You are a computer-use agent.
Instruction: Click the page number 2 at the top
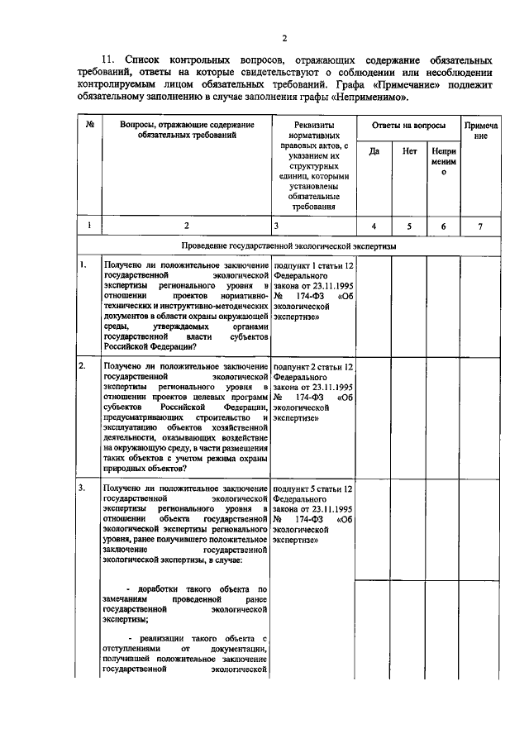pos(284,39)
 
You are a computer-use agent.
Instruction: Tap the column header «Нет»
pos(409,151)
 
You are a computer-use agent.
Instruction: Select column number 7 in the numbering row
pos(480,225)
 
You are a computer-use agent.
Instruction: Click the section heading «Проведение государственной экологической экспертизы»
pos(288,246)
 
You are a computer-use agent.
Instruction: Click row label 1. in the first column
pos(83,265)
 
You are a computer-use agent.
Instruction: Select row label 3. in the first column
pos(83,488)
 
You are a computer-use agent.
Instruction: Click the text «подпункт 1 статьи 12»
pos(313,265)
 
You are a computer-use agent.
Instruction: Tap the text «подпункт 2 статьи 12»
pos(313,365)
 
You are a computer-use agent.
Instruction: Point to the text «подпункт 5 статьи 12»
pos(313,488)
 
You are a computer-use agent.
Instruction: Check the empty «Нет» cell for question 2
pos(409,417)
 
